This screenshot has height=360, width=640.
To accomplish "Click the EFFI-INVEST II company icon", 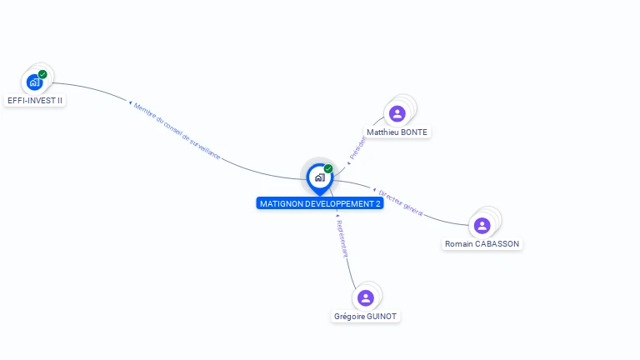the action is [x=34, y=82].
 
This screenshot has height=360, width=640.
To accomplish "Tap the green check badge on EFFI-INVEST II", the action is [x=42, y=74].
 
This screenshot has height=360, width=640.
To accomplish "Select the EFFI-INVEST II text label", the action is [x=34, y=100].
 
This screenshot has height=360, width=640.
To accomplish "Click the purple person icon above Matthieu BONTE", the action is [x=397, y=113].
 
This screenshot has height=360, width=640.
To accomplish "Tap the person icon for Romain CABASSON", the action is [x=482, y=225].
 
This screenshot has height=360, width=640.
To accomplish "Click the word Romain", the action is [x=459, y=244].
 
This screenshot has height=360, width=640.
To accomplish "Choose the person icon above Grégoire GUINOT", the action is [x=365, y=297].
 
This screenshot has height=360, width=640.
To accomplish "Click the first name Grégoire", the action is [x=349, y=317].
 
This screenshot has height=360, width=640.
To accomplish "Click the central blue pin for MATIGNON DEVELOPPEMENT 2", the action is [x=319, y=177].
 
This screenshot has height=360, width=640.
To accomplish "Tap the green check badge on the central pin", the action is [x=328, y=168].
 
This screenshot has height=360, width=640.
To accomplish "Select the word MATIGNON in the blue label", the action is [x=282, y=203].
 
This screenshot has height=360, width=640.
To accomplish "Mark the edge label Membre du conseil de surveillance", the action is [x=177, y=131].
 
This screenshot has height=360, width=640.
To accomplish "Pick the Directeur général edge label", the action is [x=401, y=202].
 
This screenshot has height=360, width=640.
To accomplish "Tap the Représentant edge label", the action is [x=342, y=237].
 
